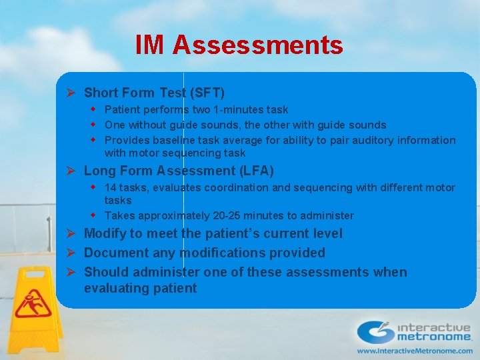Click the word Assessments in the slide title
click(x=257, y=45)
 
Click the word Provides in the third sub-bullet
click(x=126, y=140)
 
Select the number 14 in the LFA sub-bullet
click(x=111, y=187)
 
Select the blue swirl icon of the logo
click(x=375, y=332)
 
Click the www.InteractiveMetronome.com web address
click(x=414, y=350)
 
